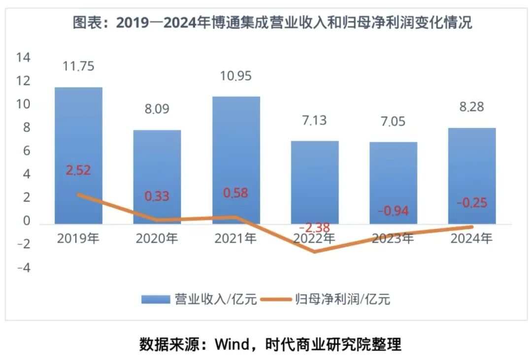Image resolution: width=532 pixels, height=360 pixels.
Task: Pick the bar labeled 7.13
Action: click(x=315, y=177)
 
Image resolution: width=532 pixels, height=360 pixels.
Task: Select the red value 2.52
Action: click(x=78, y=170)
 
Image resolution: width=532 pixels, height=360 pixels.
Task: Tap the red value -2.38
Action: click(x=315, y=228)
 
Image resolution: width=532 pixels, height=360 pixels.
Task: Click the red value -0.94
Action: click(x=393, y=211)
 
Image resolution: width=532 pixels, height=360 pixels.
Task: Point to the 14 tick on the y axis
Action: click(x=23, y=58)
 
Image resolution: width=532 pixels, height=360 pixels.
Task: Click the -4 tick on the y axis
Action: click(x=23, y=268)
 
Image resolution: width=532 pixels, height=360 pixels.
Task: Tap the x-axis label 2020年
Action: click(x=157, y=239)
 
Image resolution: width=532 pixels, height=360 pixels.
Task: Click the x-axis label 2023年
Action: click(x=393, y=239)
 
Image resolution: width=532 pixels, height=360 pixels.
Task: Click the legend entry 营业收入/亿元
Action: click(x=199, y=299)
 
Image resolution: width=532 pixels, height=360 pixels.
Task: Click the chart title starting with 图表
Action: click(x=272, y=23)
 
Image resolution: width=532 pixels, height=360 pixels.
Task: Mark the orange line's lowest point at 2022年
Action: click(x=315, y=252)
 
